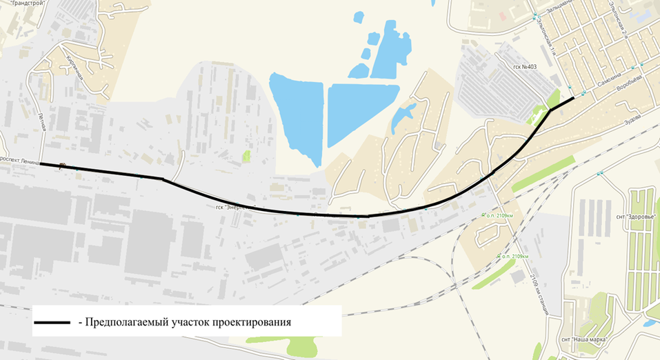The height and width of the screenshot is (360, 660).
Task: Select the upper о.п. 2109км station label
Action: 499,215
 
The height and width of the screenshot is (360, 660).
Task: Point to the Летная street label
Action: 42,126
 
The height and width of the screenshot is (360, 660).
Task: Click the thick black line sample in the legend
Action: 52,322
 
